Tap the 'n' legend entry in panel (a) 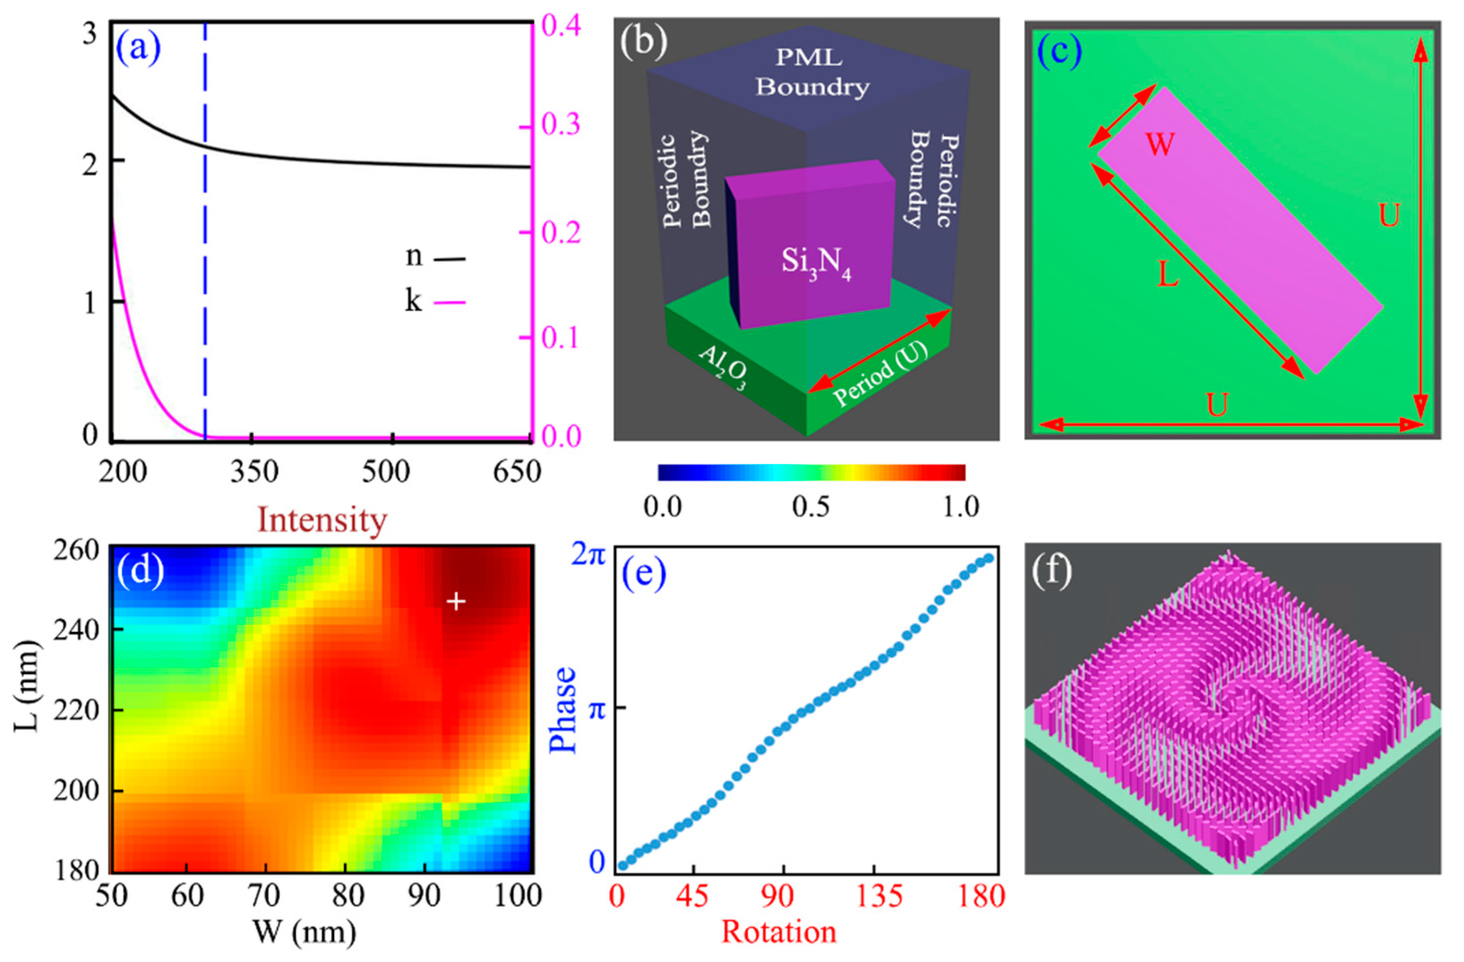click(x=434, y=257)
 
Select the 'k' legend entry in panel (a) click(x=434, y=301)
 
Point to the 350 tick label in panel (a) click(x=252, y=472)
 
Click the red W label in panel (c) click(x=1160, y=146)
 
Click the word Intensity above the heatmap click(x=322, y=520)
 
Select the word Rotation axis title click(x=779, y=932)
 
